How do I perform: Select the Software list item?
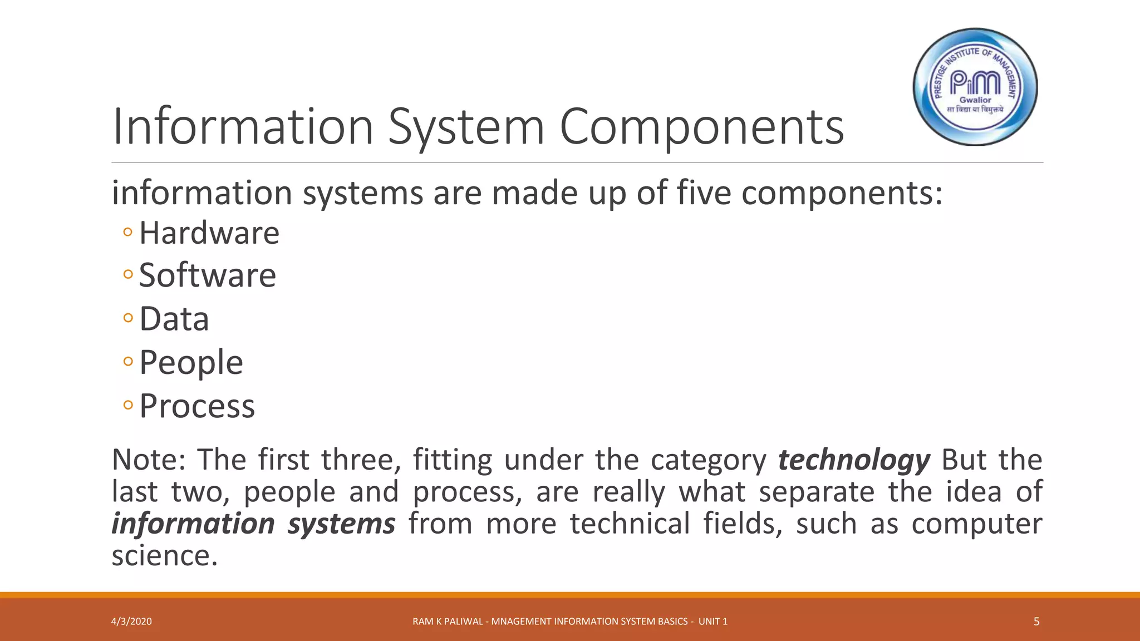[x=207, y=275]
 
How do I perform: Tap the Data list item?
[x=174, y=319]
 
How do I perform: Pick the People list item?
[x=191, y=363]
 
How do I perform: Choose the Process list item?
[x=197, y=406]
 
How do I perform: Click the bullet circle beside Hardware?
[x=128, y=232]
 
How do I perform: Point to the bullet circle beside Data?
[x=128, y=318]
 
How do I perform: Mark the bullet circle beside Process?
[x=128, y=405]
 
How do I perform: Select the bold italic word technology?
[x=854, y=460]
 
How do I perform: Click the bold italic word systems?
[x=341, y=524]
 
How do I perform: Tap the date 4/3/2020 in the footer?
[x=131, y=622]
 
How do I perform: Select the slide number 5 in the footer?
[x=1036, y=622]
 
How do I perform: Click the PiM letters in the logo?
[x=975, y=83]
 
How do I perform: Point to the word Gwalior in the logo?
[x=975, y=100]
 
